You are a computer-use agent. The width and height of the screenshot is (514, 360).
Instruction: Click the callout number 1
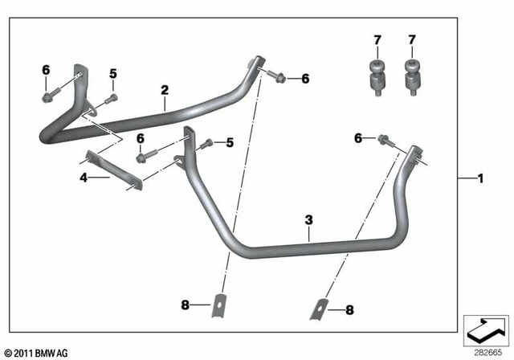click(x=481, y=177)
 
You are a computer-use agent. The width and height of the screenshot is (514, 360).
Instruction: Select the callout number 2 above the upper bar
click(x=164, y=90)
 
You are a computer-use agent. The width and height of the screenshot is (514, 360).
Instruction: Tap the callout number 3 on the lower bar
click(x=308, y=219)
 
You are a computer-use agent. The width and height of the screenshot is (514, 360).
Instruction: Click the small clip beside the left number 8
click(x=218, y=307)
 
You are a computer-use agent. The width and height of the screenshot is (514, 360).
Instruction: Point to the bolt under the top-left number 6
click(x=46, y=98)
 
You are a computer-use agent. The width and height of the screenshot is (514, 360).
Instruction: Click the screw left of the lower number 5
click(x=205, y=145)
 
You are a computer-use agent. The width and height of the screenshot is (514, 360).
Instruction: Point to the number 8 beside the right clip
click(x=349, y=309)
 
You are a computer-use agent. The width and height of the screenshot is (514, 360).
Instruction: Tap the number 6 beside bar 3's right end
click(x=358, y=139)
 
